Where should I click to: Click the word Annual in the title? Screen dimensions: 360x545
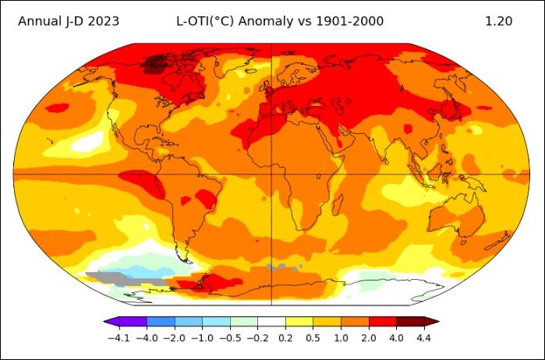point(38,21)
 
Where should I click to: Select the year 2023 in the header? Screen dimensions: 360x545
point(101,21)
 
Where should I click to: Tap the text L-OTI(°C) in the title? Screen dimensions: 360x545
point(203,21)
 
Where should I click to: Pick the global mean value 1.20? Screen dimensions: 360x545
point(498,21)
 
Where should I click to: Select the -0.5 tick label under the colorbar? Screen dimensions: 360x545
point(230,338)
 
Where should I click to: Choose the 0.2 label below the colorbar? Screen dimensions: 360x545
point(285,338)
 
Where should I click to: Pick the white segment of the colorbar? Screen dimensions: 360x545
point(271,321)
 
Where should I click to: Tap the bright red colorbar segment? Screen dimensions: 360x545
point(382,321)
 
